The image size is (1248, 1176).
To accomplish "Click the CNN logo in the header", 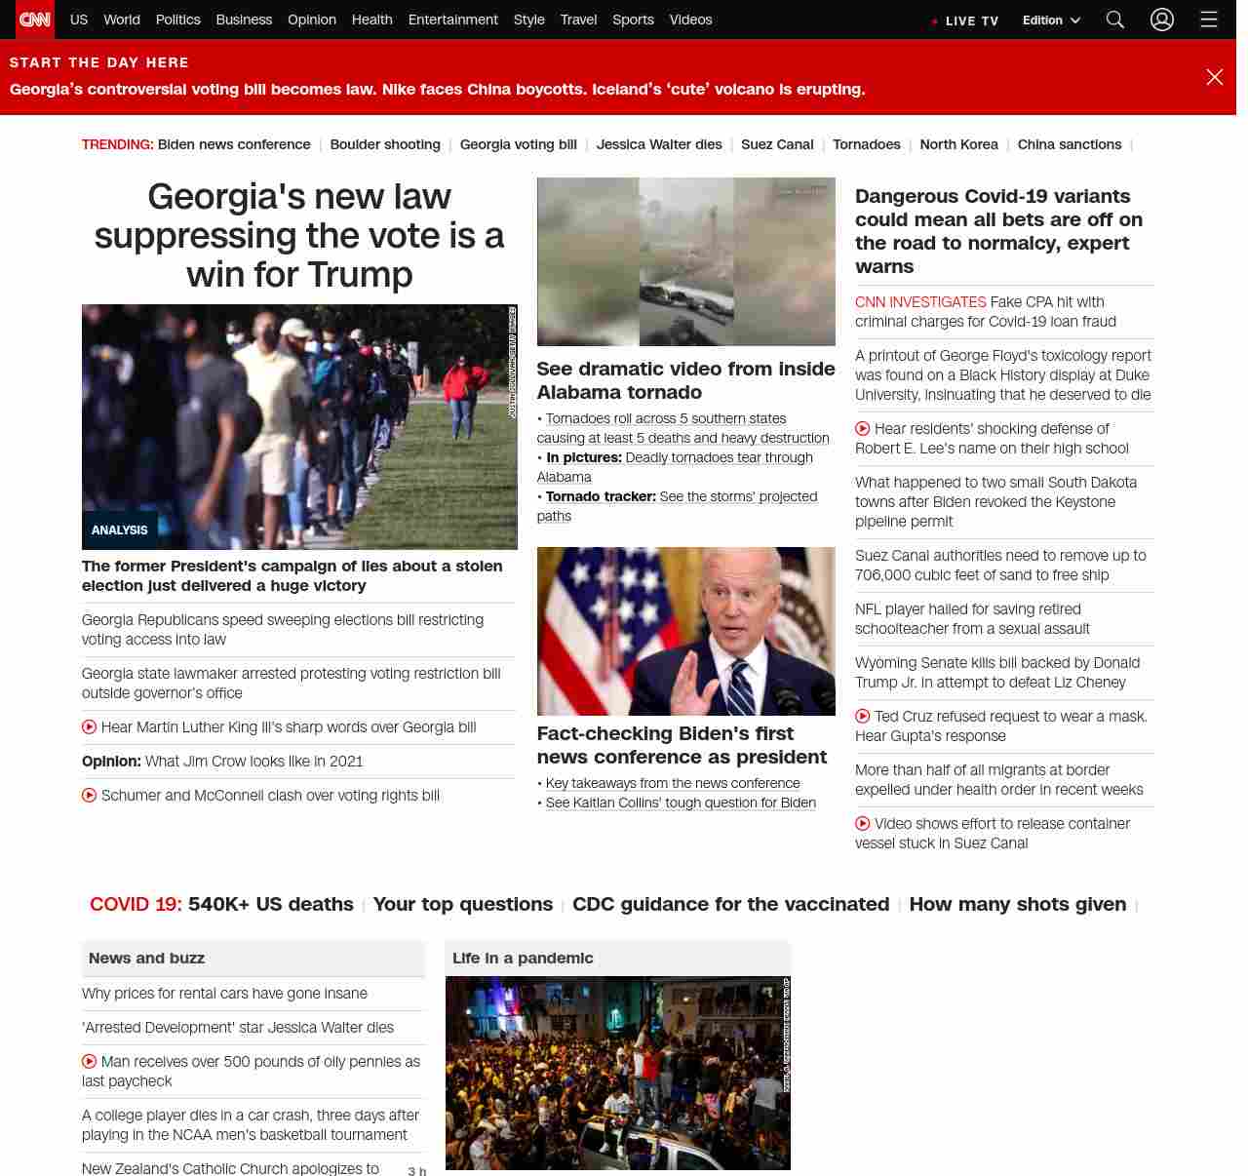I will coord(35,20).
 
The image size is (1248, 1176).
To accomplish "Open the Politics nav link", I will coord(177,20).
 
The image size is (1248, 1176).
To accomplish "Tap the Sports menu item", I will coord(633,20).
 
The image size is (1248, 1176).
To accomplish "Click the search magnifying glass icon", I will coord(1115,20).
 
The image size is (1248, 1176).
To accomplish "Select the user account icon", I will coord(1161,20).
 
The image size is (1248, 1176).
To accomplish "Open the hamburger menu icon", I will coord(1209,20).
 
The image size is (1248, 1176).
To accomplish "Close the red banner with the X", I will coord(1214,77).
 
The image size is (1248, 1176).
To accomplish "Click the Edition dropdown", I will coord(1051,20).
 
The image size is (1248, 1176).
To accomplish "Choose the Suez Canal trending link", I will coord(777,144).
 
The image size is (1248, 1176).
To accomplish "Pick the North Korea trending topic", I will coord(958,144).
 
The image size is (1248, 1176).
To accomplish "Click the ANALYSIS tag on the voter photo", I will coord(120,530).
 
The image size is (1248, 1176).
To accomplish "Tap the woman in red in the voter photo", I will coord(464,390).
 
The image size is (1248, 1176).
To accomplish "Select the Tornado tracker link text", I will coord(601,496).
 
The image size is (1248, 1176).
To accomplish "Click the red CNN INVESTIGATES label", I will coord(920,302).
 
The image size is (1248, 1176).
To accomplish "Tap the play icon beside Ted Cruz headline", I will coord(863,717).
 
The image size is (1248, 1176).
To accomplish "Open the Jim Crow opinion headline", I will coord(253,762).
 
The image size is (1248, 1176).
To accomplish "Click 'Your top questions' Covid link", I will coord(463,904).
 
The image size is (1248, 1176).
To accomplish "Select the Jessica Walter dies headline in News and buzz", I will coord(238,1028).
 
